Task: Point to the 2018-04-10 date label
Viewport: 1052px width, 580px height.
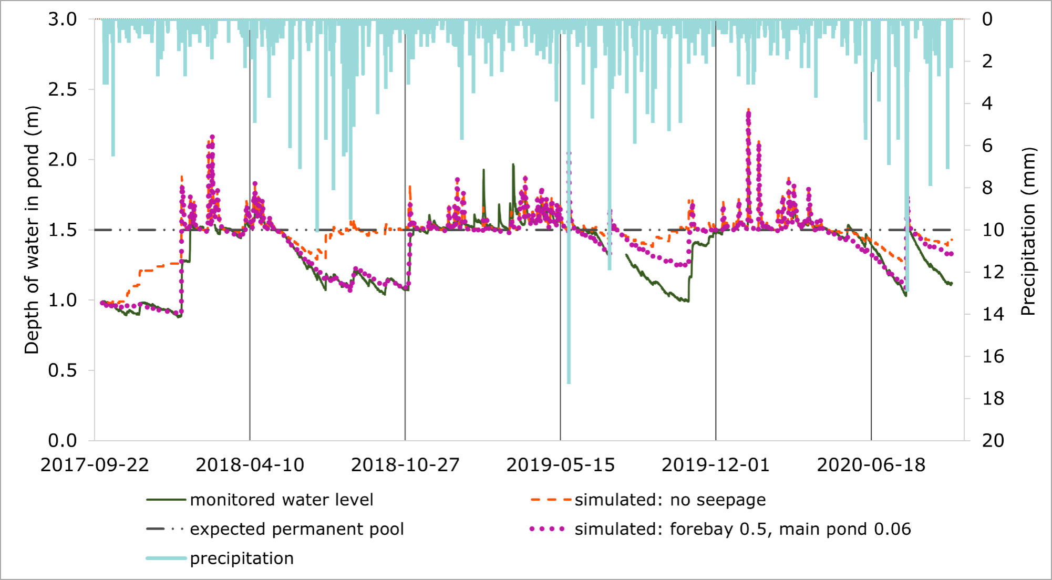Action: point(250,465)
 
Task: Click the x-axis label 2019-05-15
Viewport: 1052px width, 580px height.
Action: point(560,465)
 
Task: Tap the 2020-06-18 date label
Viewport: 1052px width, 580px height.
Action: point(871,465)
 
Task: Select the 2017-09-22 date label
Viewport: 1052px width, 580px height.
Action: point(95,465)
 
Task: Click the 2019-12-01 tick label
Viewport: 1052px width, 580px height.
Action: point(715,465)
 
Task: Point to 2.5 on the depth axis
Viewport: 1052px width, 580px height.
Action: point(63,89)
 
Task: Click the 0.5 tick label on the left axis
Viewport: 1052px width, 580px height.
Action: point(63,370)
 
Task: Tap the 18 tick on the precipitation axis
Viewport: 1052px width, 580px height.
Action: point(993,399)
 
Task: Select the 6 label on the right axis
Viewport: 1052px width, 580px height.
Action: point(987,146)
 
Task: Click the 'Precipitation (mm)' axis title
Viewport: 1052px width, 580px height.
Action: point(1028,231)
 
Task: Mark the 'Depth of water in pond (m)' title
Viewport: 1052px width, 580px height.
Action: point(32,230)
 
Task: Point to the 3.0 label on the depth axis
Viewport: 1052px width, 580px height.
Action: point(63,19)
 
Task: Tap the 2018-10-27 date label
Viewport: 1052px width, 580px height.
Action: point(405,465)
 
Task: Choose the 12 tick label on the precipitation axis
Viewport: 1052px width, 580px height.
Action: point(993,272)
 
